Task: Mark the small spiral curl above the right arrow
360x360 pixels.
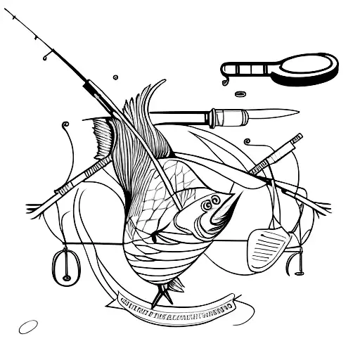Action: pyautogui.click(x=248, y=143)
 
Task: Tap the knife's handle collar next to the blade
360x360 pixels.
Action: pyautogui.click(x=212, y=114)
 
